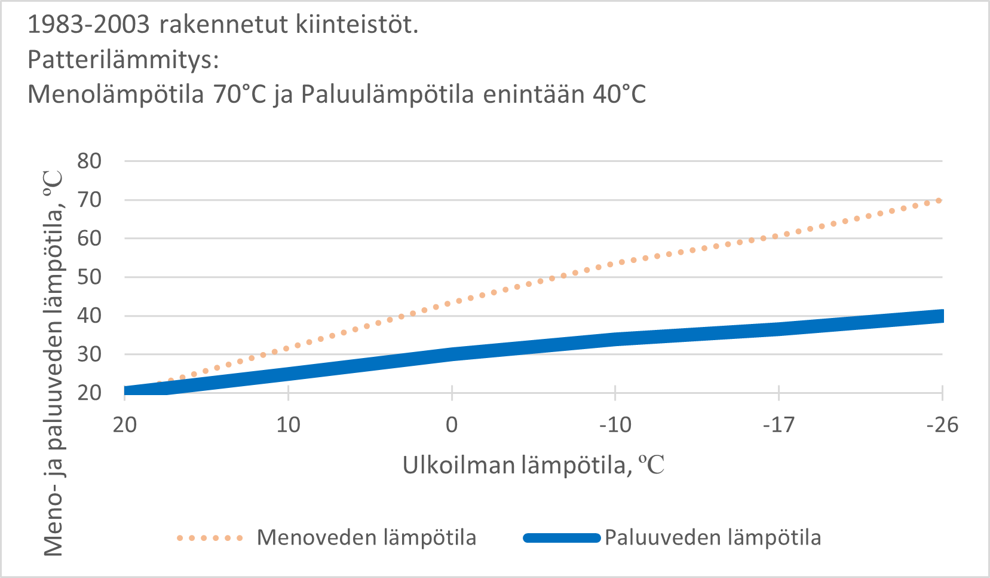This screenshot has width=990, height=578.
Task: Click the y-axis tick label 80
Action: pyautogui.click(x=89, y=161)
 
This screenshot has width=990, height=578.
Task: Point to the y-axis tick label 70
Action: pyautogui.click(x=89, y=200)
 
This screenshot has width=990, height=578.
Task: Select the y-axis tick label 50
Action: pyautogui.click(x=89, y=277)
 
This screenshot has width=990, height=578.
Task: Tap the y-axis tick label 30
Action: pyautogui.click(x=89, y=354)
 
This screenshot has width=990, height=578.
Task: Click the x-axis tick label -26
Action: pyautogui.click(x=942, y=425)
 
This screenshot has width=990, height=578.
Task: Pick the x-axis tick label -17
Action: pyautogui.click(x=778, y=425)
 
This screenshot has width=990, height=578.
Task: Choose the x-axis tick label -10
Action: pyautogui.click(x=615, y=425)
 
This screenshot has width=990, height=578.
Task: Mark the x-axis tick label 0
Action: pyautogui.click(x=452, y=425)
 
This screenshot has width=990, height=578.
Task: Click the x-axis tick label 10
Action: pyautogui.click(x=288, y=425)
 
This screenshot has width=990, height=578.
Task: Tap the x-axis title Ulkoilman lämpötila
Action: pyautogui.click(x=533, y=465)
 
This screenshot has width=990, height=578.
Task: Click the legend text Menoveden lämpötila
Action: pyautogui.click(x=366, y=537)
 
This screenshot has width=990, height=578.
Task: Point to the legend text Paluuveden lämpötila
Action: pyautogui.click(x=712, y=537)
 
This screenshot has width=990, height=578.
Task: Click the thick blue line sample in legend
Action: pyautogui.click(x=562, y=538)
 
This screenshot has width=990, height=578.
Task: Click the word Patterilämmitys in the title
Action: pyautogui.click(x=123, y=59)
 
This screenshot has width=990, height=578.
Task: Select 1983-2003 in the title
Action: pyautogui.click(x=88, y=25)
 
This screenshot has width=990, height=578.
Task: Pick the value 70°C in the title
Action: pyautogui.click(x=239, y=94)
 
